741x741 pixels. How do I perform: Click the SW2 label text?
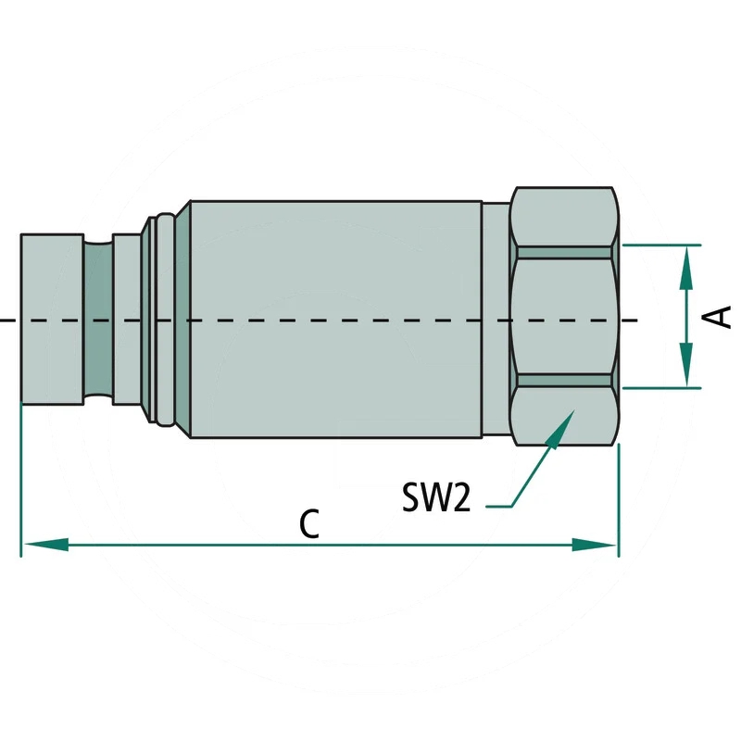coord(436,496)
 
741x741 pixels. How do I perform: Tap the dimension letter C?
coord(309,523)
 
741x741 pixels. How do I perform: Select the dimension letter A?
coord(719,317)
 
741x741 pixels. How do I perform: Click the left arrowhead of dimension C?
coord(46,545)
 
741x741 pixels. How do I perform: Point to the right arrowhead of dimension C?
coord(594,545)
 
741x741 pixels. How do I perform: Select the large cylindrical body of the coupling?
coord(335,320)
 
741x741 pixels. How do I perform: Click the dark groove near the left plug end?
coord(98,320)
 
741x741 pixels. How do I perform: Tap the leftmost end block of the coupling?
coord(52,320)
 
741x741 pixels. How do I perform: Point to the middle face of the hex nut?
coord(565,317)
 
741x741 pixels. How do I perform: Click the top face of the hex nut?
coord(565,217)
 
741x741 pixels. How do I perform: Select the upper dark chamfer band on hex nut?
coord(565,252)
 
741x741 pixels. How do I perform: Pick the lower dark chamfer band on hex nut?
coord(565,381)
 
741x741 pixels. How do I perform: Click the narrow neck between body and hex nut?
coord(496,320)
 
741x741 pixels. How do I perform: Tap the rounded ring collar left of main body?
coord(166,320)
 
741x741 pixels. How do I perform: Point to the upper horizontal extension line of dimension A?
coord(661,245)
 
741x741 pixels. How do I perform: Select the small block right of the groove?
coord(127,320)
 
